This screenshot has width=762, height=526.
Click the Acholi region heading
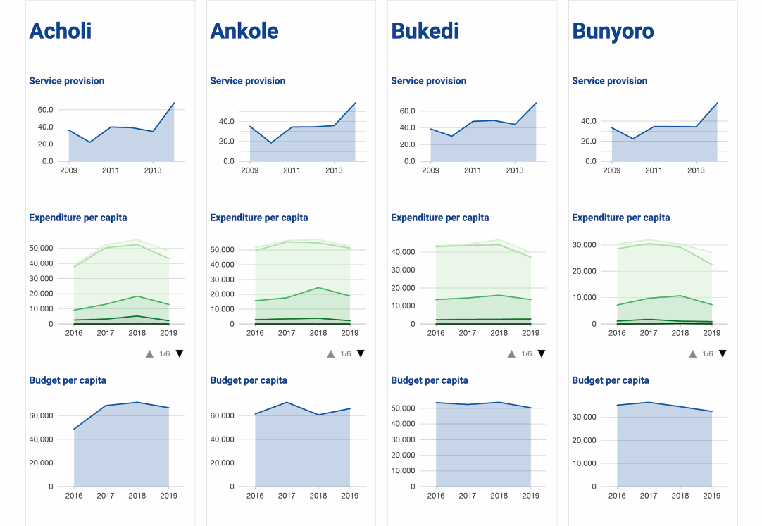pos(61,31)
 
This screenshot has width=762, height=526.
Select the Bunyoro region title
pos(613,31)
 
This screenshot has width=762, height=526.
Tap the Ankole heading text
pos(244,31)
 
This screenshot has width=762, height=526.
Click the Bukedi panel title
pos(425,31)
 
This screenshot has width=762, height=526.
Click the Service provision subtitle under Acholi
pos(67,81)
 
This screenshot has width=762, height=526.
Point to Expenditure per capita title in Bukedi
pos(440,218)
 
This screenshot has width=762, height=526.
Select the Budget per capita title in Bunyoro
pos(611,380)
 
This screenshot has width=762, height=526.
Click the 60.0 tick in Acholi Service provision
pos(45,110)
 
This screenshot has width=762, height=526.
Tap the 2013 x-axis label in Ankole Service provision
pos(334,170)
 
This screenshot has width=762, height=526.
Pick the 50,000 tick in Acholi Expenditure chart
pos(41,249)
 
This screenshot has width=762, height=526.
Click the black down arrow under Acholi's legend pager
pos(180,353)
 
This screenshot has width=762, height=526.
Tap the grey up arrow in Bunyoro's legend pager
pos(692,353)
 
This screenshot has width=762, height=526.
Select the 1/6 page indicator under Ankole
pos(345,353)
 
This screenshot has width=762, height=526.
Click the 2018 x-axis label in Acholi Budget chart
pos(137,496)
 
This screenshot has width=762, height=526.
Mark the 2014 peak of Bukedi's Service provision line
pos(536,103)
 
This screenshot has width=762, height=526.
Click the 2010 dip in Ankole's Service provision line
pos(271,143)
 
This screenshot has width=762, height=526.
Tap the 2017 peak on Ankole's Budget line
pos(287,402)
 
